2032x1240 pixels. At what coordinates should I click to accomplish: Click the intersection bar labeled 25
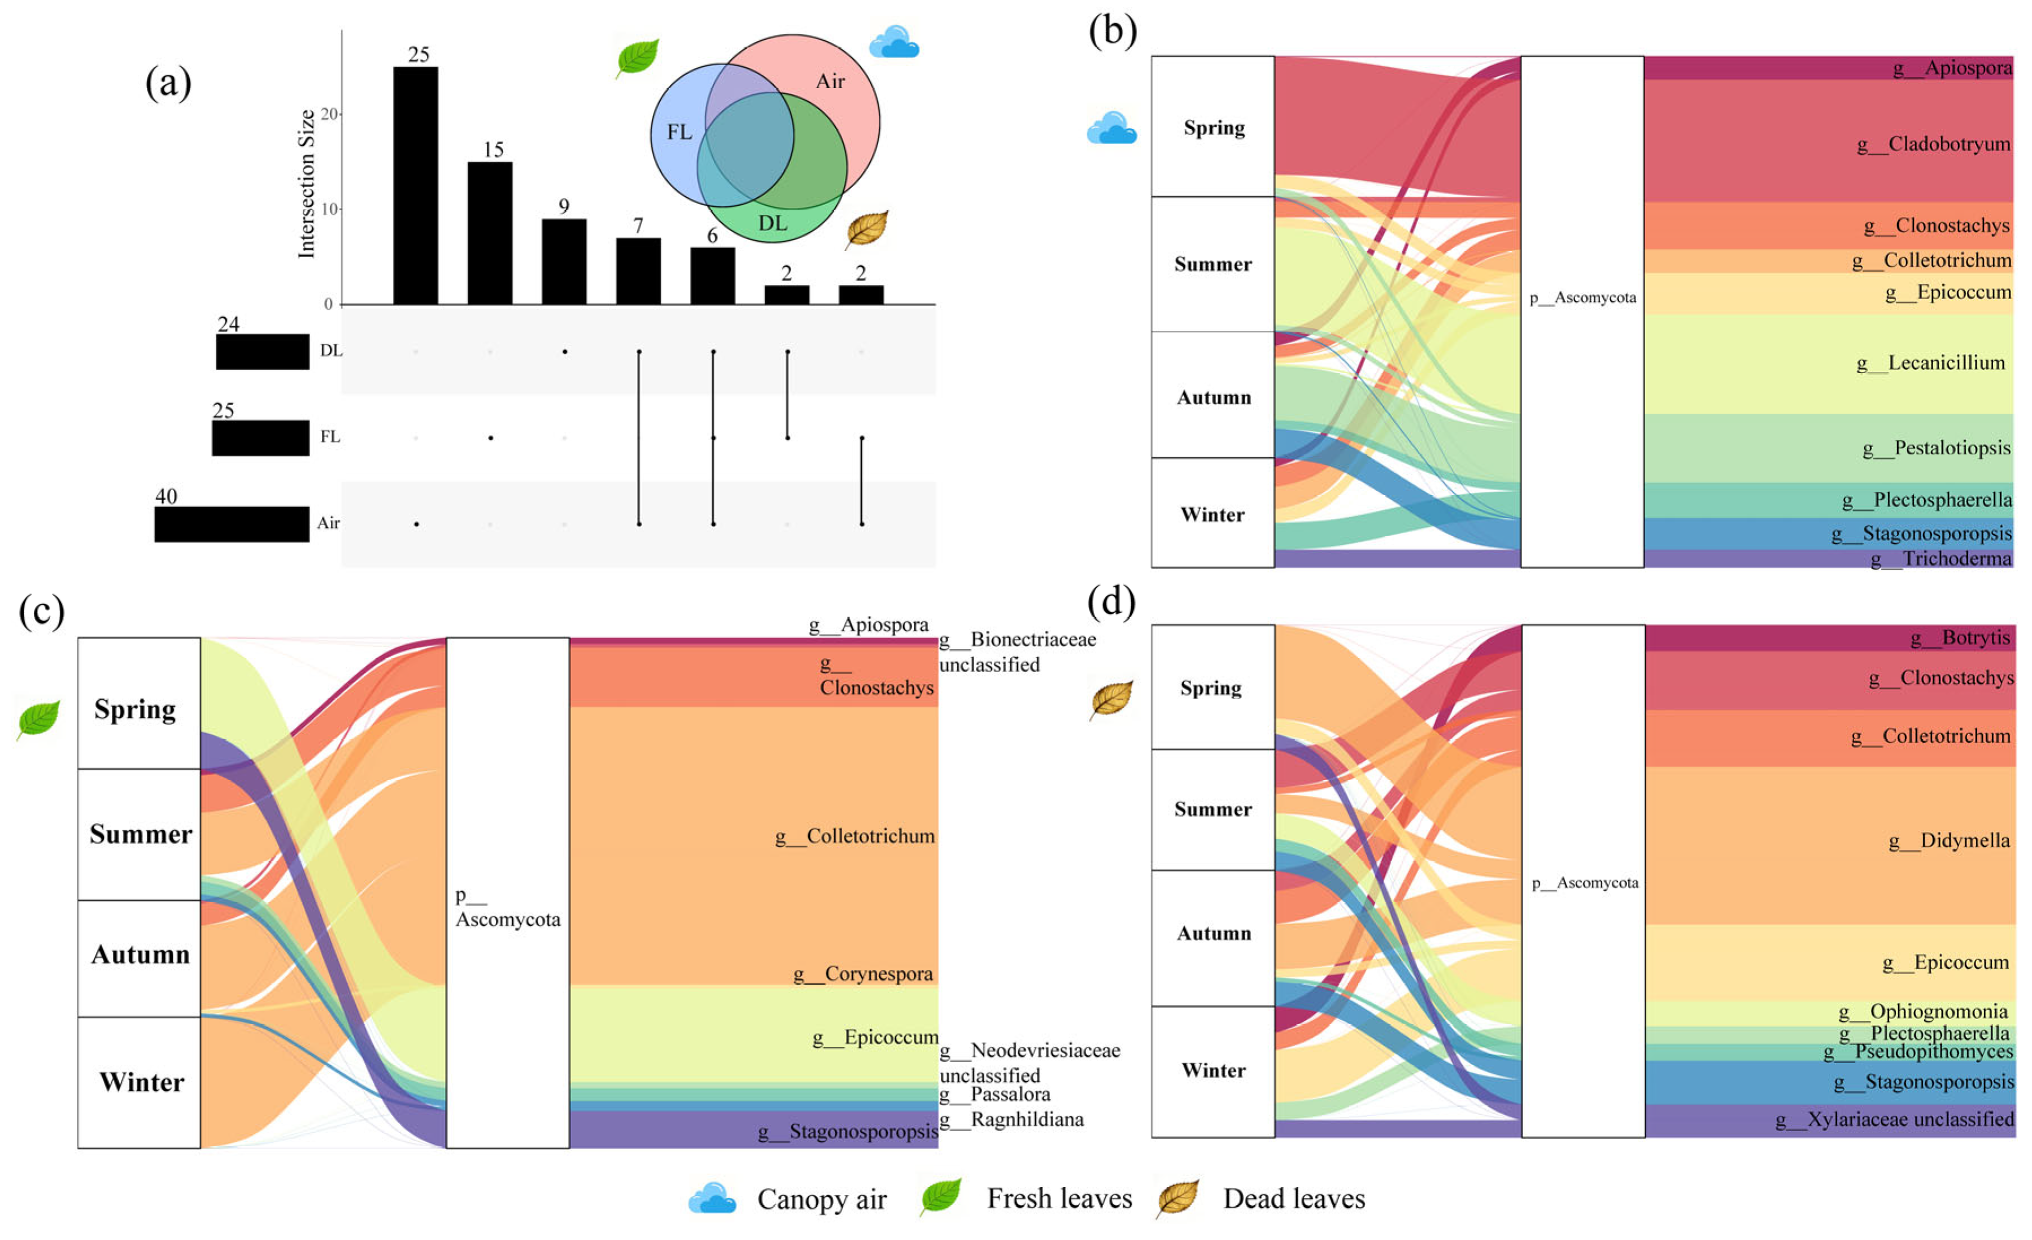(416, 185)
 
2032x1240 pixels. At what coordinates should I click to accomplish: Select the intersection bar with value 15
(490, 233)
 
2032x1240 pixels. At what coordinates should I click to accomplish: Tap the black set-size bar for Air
(232, 524)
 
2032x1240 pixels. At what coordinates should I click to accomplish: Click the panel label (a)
(168, 83)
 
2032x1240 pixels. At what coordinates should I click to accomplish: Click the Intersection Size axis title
(307, 184)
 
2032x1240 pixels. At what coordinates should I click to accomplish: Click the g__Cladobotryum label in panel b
(1933, 144)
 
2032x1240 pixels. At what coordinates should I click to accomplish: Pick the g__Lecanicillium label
(1930, 363)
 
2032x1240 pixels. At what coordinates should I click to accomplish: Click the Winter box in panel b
(1213, 513)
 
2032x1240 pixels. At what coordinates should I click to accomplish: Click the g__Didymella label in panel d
(1950, 840)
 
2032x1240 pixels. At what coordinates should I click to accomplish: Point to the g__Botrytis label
(1960, 638)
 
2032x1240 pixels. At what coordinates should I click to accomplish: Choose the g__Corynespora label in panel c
(862, 974)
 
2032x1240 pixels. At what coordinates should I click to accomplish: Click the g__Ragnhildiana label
(1012, 1120)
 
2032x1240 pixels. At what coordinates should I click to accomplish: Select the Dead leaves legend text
(1294, 1199)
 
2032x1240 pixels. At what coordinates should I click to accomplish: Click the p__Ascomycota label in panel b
(1582, 298)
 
